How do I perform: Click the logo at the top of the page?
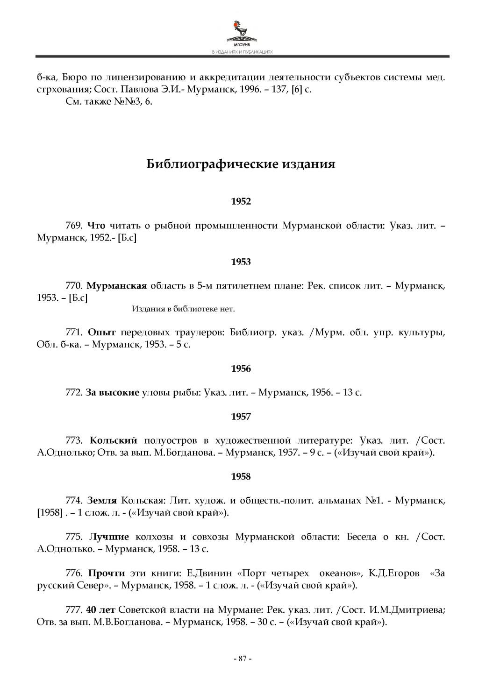pyautogui.click(x=242, y=33)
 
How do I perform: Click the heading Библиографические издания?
pyautogui.click(x=241, y=164)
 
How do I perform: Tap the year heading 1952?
pyautogui.click(x=241, y=202)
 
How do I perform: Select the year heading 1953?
pyautogui.click(x=241, y=262)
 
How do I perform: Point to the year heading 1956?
pyautogui.click(x=241, y=369)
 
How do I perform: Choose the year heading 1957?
pyautogui.click(x=241, y=417)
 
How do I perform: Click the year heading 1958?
pyautogui.click(x=241, y=477)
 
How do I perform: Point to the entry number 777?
pyautogui.click(x=74, y=609)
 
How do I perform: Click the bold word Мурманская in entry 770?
pyautogui.click(x=117, y=285)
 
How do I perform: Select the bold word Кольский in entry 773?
pyautogui.click(x=114, y=440)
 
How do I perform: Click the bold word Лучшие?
pyautogui.click(x=109, y=537)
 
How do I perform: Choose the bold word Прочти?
pyautogui.click(x=107, y=573)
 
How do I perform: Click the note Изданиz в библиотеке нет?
pyautogui.click(x=183, y=309)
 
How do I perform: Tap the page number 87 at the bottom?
pyautogui.click(x=243, y=659)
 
